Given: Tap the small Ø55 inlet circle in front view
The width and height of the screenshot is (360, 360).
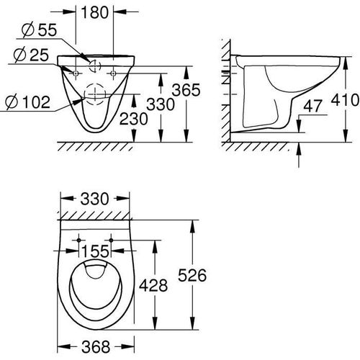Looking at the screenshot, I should point(95,64).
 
